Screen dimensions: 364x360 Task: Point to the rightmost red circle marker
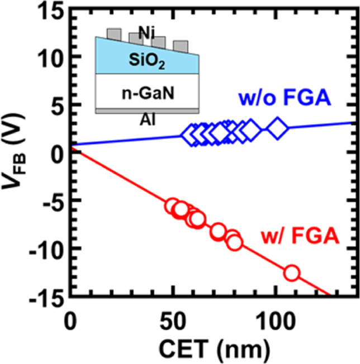[292, 273]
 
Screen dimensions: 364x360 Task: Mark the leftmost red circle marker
[173, 206]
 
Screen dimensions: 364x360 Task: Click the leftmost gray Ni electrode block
[113, 33]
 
